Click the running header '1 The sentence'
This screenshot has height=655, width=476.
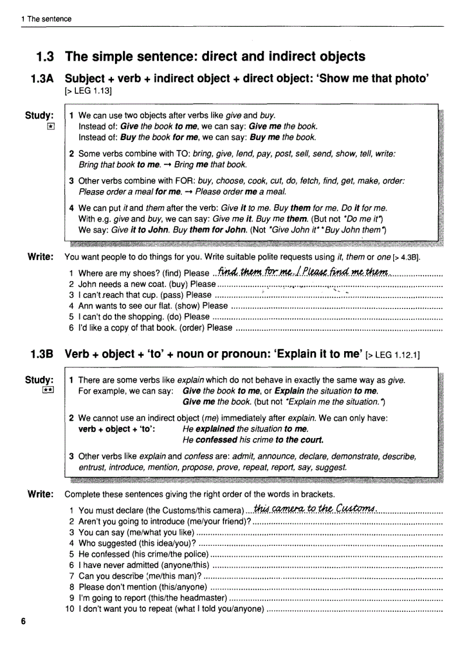(x=46, y=19)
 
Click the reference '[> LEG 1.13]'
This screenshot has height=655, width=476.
(x=88, y=91)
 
